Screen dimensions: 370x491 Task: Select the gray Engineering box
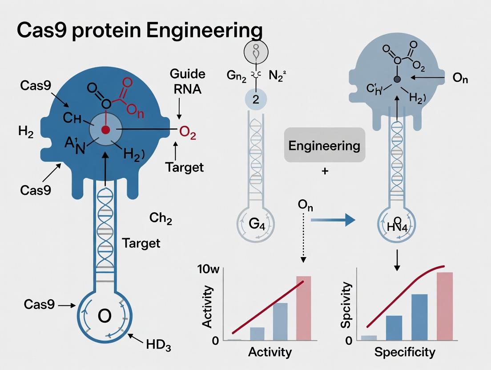click(324, 145)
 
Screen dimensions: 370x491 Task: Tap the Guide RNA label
click(187, 81)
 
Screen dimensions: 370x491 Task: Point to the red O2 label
click(187, 133)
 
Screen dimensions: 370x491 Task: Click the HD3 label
click(158, 345)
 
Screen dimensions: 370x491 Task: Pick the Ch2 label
click(161, 219)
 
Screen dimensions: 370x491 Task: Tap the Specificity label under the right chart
click(405, 352)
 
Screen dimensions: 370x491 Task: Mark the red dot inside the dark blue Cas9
click(105, 130)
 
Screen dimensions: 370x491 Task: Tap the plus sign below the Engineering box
click(325, 171)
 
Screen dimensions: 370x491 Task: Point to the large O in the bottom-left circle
click(104, 316)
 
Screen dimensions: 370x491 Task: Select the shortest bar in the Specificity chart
click(369, 338)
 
